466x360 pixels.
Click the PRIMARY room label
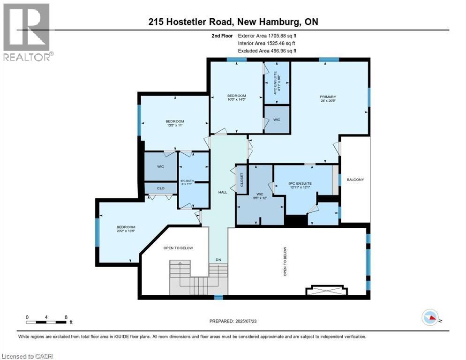(x=328, y=97)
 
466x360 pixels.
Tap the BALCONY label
(x=355, y=180)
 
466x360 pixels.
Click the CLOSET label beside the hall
(x=242, y=180)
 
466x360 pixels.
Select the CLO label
(x=160, y=188)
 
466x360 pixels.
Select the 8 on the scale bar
(x=66, y=317)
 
